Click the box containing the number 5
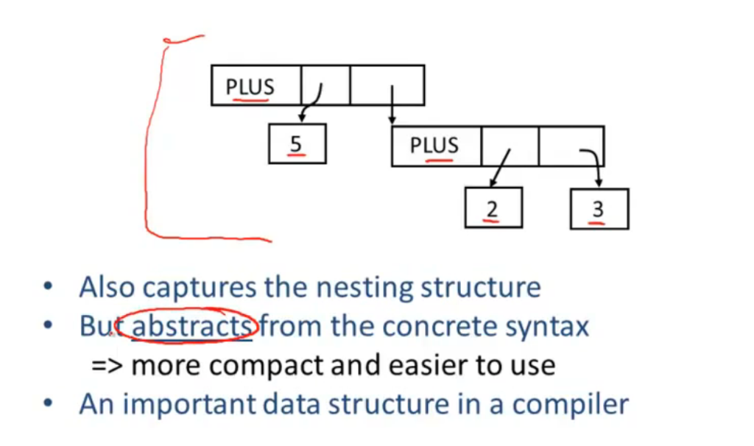(x=297, y=144)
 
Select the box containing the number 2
(x=493, y=207)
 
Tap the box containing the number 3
(x=599, y=208)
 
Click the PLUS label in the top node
(x=250, y=87)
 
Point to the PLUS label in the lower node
(x=434, y=145)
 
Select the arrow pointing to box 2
(x=500, y=168)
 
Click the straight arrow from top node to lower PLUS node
(x=392, y=105)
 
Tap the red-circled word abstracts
(x=191, y=326)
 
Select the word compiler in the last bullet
(x=571, y=404)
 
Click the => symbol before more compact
(x=107, y=365)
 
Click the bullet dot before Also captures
(x=48, y=287)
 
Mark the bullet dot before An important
(x=48, y=403)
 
